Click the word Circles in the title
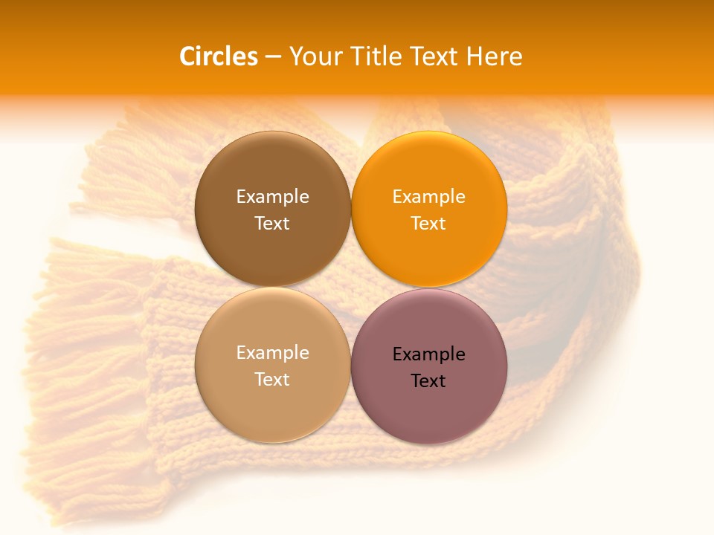[219, 56]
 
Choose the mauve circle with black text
[429, 407]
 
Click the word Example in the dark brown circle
[272, 197]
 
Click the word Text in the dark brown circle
[272, 223]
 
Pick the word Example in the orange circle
[428, 197]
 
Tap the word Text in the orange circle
[428, 223]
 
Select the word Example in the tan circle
[272, 353]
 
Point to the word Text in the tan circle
[272, 379]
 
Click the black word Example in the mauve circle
[428, 354]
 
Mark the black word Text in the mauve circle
[428, 380]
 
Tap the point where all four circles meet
[351, 288]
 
